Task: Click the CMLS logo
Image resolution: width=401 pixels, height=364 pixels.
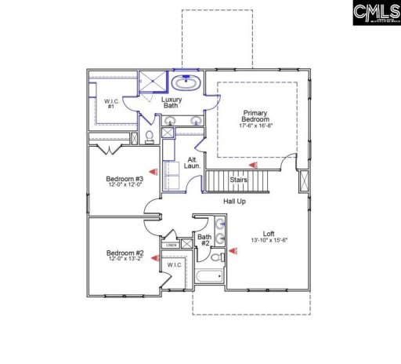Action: coord(374,13)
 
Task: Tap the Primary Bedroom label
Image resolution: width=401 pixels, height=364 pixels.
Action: coord(256,117)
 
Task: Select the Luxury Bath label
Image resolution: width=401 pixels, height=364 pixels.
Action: coord(172,104)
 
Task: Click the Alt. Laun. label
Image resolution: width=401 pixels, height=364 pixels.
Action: coord(193,162)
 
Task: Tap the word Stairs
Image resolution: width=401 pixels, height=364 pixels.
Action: coord(239,180)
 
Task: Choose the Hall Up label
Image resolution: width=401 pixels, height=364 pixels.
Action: coord(235,202)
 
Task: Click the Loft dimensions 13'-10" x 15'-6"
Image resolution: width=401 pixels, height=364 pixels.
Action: coord(269,239)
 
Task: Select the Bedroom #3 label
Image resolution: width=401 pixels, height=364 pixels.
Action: coord(125,179)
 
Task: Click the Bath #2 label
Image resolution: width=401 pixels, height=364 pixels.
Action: coord(204,239)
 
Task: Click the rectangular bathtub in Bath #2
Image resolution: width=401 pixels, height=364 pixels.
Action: coord(208,275)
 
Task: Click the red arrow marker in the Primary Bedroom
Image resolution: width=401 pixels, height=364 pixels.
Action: coord(252,166)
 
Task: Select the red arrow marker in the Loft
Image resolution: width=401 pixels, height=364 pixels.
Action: coord(233,253)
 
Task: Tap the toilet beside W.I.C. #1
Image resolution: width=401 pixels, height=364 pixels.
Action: coord(148,136)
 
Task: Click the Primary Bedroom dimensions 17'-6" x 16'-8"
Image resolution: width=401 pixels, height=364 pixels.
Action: coord(256,126)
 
